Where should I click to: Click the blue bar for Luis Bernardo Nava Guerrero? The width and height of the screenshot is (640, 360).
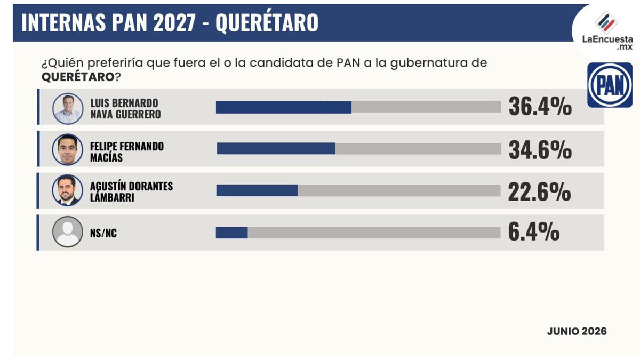(x=283, y=107)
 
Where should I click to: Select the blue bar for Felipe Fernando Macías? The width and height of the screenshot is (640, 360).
(x=276, y=149)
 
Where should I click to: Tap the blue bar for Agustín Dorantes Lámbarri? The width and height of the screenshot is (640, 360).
(x=257, y=190)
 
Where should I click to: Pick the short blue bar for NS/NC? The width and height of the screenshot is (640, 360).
(x=231, y=233)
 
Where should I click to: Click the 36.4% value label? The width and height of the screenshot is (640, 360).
(x=540, y=107)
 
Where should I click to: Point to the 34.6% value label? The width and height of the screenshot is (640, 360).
(x=540, y=150)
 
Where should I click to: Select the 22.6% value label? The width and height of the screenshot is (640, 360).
(x=539, y=192)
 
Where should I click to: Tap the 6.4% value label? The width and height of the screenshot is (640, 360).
(x=534, y=232)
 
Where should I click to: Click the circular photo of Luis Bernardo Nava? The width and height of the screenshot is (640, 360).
(x=68, y=109)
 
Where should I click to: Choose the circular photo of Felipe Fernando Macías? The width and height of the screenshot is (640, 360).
(x=67, y=149)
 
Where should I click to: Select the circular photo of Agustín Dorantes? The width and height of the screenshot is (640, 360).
(x=67, y=190)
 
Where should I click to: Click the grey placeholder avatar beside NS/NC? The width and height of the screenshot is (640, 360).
(x=67, y=231)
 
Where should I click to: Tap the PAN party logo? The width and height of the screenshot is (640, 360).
(x=610, y=85)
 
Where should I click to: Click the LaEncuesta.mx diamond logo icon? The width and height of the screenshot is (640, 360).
(x=606, y=22)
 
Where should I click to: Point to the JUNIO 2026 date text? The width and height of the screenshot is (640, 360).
(x=577, y=331)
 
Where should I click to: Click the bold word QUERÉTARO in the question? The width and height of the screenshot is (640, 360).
(x=78, y=77)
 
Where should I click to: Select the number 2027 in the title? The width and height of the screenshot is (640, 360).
(x=174, y=22)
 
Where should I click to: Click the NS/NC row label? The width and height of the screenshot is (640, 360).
(x=103, y=233)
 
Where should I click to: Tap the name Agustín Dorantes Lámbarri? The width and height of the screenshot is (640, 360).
(x=131, y=191)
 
